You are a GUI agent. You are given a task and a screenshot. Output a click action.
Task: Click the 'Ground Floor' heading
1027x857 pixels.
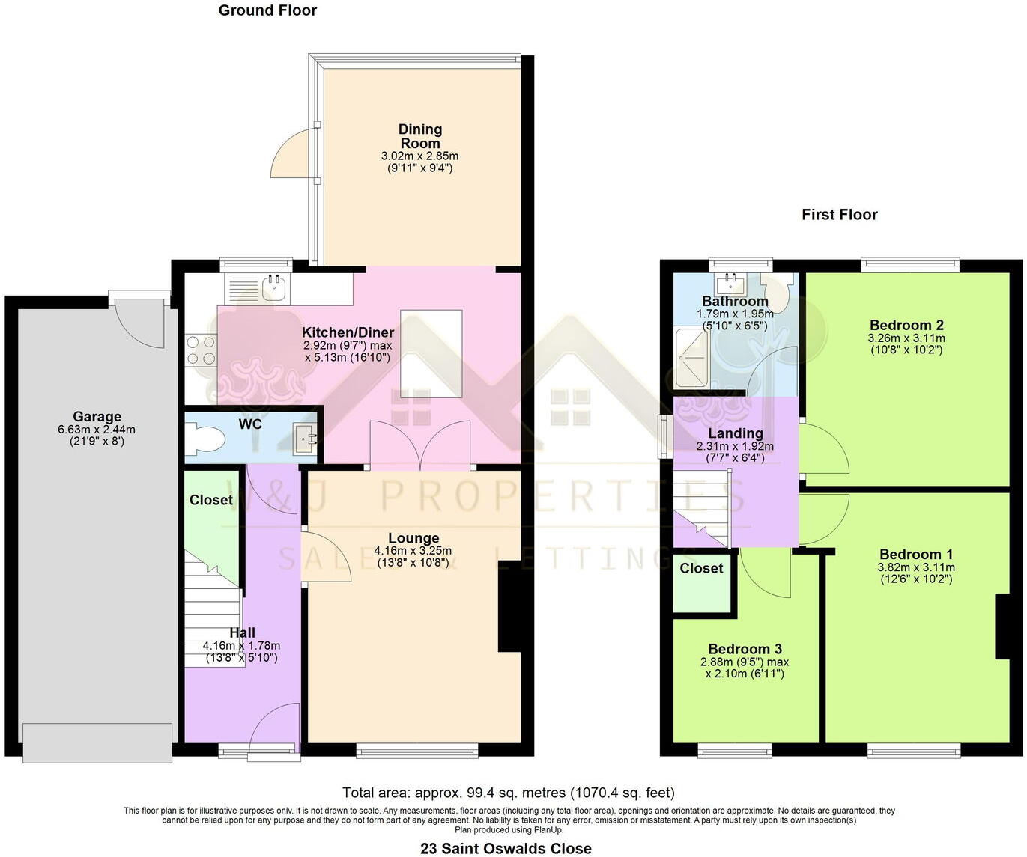click(x=267, y=10)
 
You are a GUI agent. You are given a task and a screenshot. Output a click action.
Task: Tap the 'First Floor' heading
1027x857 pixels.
click(x=839, y=215)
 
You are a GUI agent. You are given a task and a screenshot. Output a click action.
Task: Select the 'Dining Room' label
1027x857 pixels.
click(x=419, y=136)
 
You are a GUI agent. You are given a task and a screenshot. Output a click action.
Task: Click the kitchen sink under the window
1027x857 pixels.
click(x=275, y=287)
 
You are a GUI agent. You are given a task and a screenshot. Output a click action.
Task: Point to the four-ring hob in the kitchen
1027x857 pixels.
click(x=201, y=350)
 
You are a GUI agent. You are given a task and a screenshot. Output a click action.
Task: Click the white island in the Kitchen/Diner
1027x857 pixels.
click(x=431, y=353)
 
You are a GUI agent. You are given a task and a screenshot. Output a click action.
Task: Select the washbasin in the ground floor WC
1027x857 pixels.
click(x=305, y=438)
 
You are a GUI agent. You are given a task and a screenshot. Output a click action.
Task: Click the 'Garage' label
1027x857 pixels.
click(x=97, y=417)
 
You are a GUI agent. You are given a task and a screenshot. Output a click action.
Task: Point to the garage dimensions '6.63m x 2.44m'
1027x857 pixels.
click(x=97, y=430)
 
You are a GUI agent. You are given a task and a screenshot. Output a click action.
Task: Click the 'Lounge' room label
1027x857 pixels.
click(x=413, y=538)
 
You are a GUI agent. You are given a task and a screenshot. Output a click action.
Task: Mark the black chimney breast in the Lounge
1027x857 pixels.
click(x=509, y=606)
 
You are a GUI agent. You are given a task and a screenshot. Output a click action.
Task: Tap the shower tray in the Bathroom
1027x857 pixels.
click(x=691, y=357)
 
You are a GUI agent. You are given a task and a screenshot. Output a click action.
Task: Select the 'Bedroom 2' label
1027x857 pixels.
click(x=906, y=325)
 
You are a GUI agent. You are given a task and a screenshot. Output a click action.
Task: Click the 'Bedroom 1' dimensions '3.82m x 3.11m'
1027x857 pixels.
click(x=916, y=567)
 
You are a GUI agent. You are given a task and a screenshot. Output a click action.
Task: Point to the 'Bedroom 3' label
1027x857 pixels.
click(x=745, y=649)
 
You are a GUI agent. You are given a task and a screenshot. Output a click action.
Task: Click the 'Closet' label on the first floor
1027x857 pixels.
click(x=701, y=568)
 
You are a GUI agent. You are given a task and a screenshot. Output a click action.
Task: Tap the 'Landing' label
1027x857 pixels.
click(x=735, y=433)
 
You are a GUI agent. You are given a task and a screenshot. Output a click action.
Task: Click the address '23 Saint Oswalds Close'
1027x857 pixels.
click(x=506, y=848)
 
